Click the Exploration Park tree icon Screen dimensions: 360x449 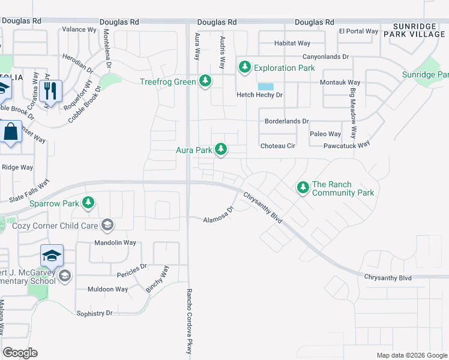[x=244, y=67]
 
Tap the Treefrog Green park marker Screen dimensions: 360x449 [x=205, y=80]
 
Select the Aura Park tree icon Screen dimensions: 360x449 [x=221, y=149]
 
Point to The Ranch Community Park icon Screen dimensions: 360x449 [x=303, y=188]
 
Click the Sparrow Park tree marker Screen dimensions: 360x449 [x=88, y=203]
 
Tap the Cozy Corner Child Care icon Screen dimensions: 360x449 [x=107, y=225]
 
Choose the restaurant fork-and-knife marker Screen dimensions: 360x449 [x=50, y=91]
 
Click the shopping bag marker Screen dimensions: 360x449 [x=11, y=131]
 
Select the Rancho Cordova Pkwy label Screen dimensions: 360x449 [x=187, y=323]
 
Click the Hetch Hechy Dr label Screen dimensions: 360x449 [x=259, y=95]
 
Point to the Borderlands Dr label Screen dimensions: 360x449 [x=287, y=121]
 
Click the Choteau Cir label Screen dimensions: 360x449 [x=278, y=146]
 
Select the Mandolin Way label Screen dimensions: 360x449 [x=115, y=243]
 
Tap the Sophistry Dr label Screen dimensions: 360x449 [x=95, y=313]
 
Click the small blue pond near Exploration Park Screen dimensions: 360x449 [x=266, y=86]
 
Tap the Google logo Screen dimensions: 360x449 [x=20, y=353]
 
